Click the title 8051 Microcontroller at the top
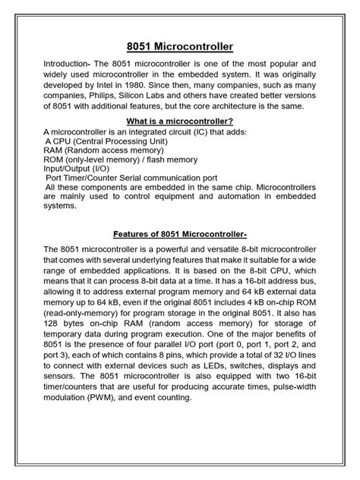pyautogui.click(x=180, y=47)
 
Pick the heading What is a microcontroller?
pyautogui.click(x=179, y=122)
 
